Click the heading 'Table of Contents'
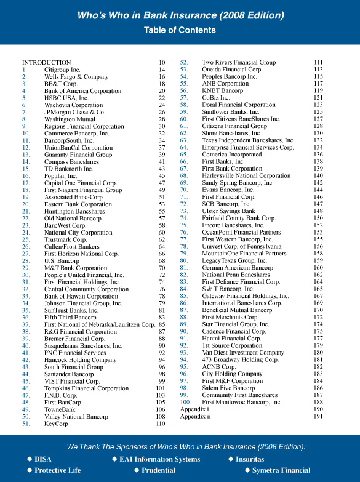point(180,30)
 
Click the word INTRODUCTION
point(47,63)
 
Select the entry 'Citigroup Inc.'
point(62,70)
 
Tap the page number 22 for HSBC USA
point(161,98)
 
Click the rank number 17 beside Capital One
point(26,183)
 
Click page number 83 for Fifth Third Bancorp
point(161,318)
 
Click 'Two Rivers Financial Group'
point(239,63)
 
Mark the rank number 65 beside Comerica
point(183,155)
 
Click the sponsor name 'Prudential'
point(159,470)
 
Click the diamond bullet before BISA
point(29,459)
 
